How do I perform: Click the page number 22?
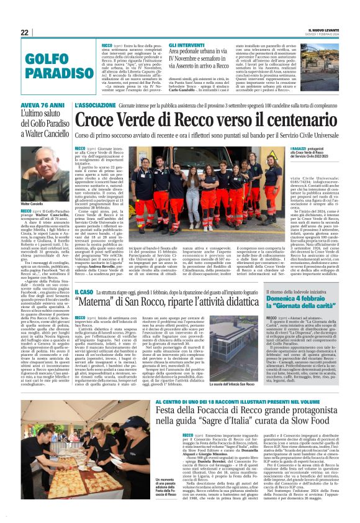click(25, 33)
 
